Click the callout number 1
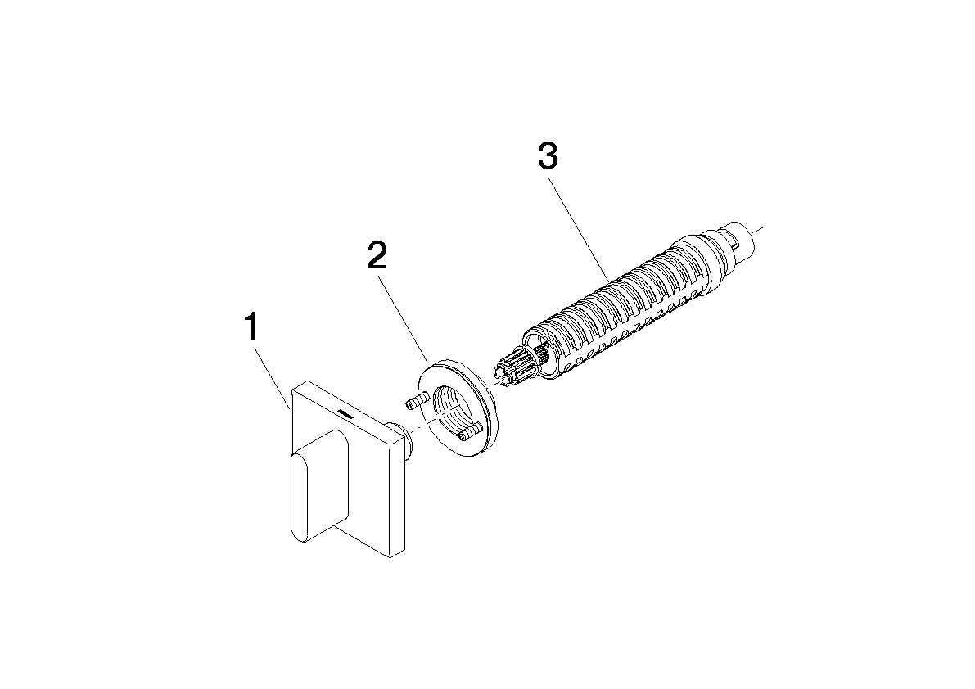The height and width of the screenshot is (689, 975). point(252,326)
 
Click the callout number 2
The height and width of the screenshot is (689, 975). point(377,255)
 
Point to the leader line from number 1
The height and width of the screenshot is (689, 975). point(272,376)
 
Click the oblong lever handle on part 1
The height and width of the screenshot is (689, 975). point(319,485)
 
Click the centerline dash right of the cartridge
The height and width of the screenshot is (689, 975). point(759,228)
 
